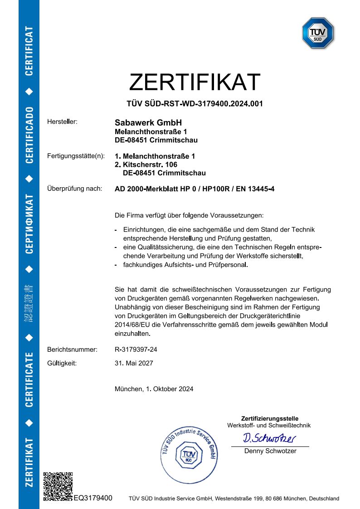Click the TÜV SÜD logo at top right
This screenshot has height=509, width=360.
pyautogui.click(x=318, y=33)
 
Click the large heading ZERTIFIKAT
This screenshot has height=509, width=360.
pyautogui.click(x=195, y=82)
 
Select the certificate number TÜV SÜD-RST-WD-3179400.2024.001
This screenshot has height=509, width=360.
pyautogui.click(x=195, y=104)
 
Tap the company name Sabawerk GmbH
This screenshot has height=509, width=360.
pyautogui.click(x=148, y=123)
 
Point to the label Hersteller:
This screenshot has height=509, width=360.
pyautogui.click(x=63, y=122)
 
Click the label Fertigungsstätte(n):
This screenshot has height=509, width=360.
pyautogui.click(x=76, y=156)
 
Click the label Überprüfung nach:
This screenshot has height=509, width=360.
pyautogui.click(x=74, y=189)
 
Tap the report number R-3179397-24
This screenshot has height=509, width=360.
pyautogui.click(x=136, y=349)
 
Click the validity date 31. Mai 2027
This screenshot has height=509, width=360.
pyautogui.click(x=134, y=363)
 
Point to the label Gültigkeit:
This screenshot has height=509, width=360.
pyautogui.click(x=62, y=363)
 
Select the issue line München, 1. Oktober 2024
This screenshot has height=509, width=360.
pyautogui.click(x=154, y=389)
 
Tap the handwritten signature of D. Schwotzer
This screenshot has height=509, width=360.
pyautogui.click(x=269, y=438)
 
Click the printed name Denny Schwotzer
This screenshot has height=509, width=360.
pyautogui.click(x=270, y=451)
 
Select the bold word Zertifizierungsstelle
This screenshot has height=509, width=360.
pyautogui.click(x=270, y=418)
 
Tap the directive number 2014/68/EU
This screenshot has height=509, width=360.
pyautogui.click(x=131, y=325)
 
